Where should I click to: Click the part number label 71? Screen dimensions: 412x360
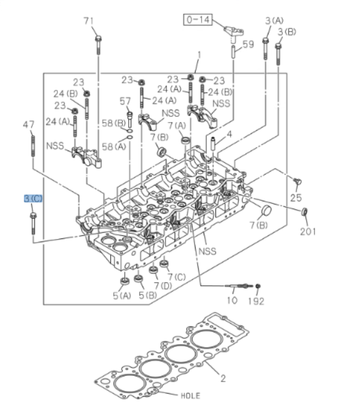[89, 21]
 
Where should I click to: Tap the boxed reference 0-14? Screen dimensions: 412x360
[196, 20]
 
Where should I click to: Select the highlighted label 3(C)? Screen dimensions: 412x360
[33, 199]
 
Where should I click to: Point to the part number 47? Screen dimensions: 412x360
[29, 124]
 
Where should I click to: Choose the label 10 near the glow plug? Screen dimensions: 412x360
[231, 301]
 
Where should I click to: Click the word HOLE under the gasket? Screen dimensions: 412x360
[190, 396]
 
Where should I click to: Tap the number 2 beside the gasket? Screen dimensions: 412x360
[223, 379]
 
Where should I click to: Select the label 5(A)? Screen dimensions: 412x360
[122, 296]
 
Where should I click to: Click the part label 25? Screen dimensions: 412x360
[296, 198]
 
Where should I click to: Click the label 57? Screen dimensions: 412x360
[125, 101]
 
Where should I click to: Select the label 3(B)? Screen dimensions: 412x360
[286, 32]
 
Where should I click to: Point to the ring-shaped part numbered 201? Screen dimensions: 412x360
[305, 212]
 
